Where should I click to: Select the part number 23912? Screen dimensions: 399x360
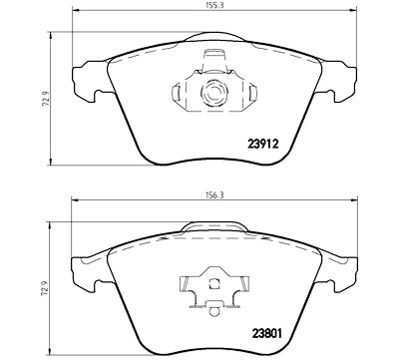262,144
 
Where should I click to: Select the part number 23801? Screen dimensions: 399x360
266,333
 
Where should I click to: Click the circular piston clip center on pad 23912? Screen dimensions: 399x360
213,92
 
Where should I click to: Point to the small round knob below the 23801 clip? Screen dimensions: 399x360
214,310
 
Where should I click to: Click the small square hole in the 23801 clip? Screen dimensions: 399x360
213,284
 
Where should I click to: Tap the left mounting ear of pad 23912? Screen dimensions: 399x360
88,81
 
